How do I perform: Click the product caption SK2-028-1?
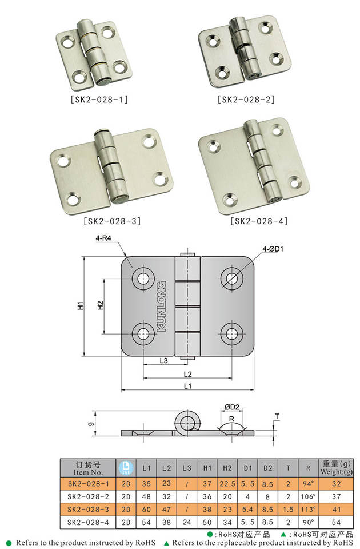pos(99,100)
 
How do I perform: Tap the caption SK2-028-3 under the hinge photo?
pos(113,221)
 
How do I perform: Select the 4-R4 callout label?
pos(103,238)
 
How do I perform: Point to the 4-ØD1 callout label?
pos(273,249)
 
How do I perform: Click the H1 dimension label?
pos(81,305)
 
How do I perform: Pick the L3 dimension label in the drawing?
pos(164,360)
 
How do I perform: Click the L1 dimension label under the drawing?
pos(188,386)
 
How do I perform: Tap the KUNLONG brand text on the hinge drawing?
pos(162,307)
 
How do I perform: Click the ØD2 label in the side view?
pos(231,407)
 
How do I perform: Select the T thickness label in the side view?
pos(277,416)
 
